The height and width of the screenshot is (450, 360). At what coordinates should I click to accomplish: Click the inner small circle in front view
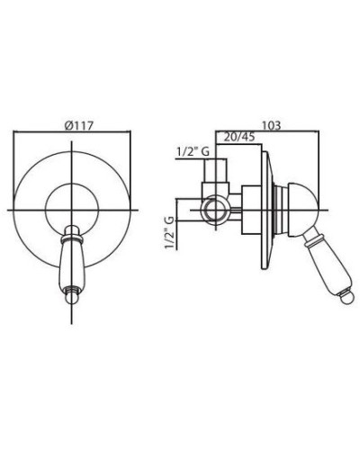click(x=74, y=210)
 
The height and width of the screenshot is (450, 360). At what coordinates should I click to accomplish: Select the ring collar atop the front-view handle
click(x=71, y=236)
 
